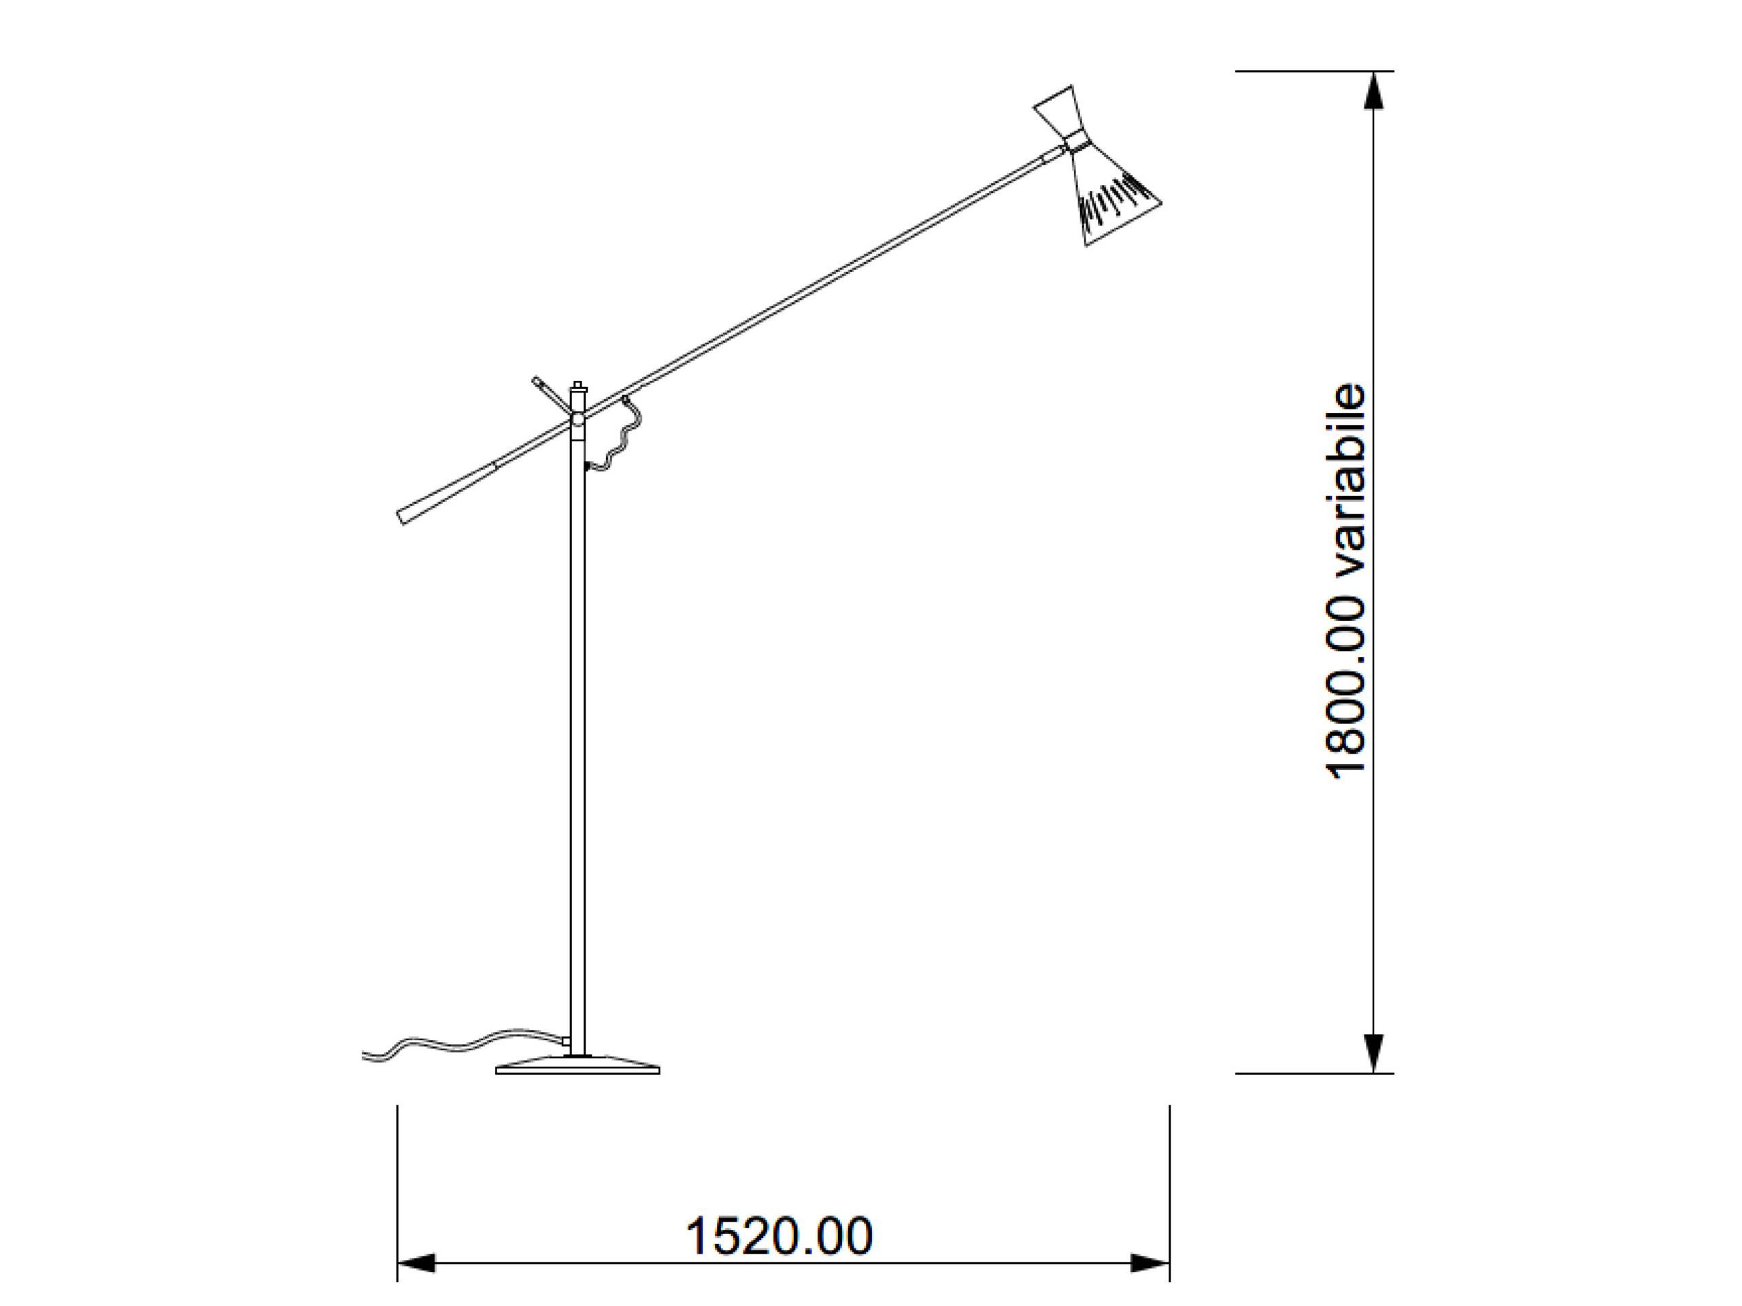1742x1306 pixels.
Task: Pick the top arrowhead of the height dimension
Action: tap(1373, 90)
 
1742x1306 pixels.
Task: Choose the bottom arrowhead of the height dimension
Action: tap(1373, 1053)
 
